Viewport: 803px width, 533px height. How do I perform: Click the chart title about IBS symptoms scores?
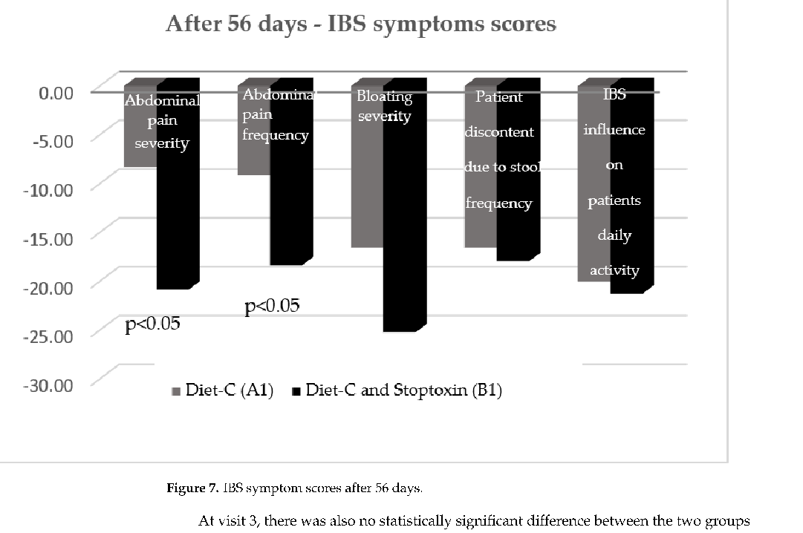pos(361,24)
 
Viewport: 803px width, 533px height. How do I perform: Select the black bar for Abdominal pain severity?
pos(177,223)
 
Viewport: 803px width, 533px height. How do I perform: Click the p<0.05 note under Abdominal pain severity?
pos(153,324)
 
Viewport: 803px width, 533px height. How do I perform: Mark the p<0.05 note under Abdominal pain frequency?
pos(273,305)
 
